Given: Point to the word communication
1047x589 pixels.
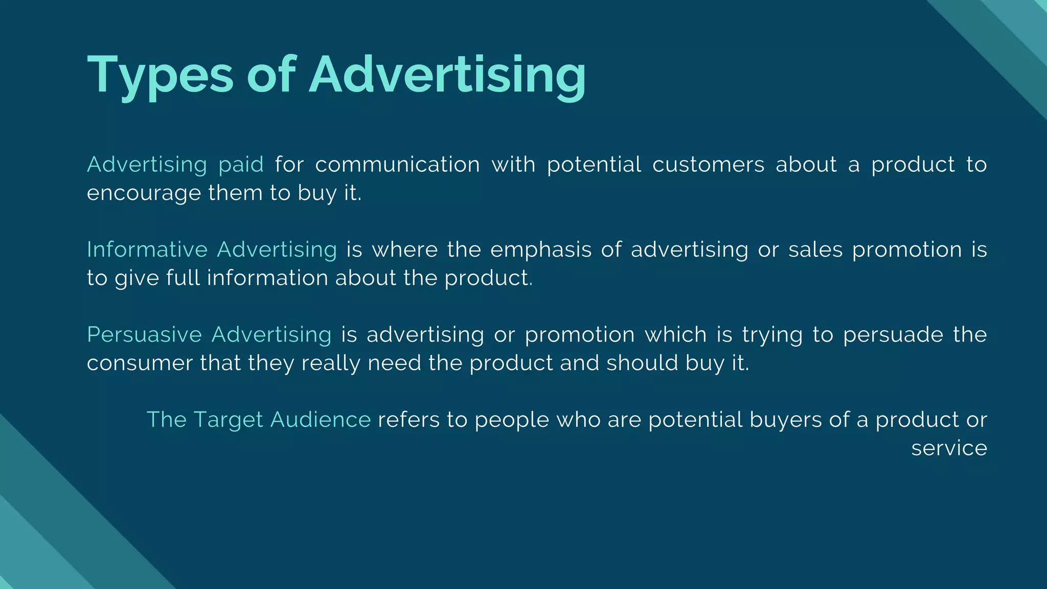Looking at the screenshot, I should tap(397, 165).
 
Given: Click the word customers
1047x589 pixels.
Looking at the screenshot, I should tap(708, 165).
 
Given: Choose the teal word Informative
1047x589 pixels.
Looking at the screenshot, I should tap(147, 250).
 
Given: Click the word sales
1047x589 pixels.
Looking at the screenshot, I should tap(815, 250).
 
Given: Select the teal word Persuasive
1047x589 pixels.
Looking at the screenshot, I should tap(145, 334).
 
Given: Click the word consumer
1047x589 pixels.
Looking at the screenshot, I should tap(140, 363).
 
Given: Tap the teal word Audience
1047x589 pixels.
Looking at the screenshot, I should tap(321, 420).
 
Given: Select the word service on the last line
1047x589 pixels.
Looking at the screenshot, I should tap(949, 448).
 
